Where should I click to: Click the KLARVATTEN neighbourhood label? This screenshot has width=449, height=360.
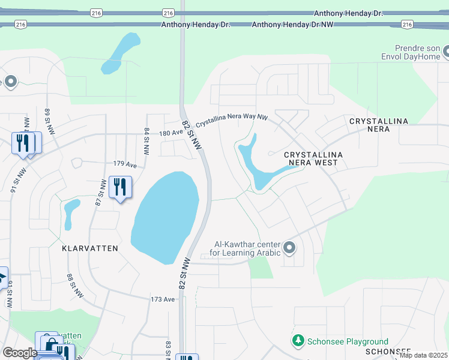(x=89, y=248)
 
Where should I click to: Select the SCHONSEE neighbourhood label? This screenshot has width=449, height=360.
(x=387, y=351)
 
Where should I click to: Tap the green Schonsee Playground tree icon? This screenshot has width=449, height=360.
(x=298, y=341)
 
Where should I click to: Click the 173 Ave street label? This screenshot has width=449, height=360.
(x=163, y=299)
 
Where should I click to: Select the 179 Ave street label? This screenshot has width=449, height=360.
(x=125, y=164)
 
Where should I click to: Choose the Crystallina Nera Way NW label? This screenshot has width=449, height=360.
(x=232, y=119)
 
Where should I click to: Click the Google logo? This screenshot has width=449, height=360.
(x=20, y=353)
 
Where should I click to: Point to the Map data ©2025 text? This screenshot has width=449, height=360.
(x=423, y=355)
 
